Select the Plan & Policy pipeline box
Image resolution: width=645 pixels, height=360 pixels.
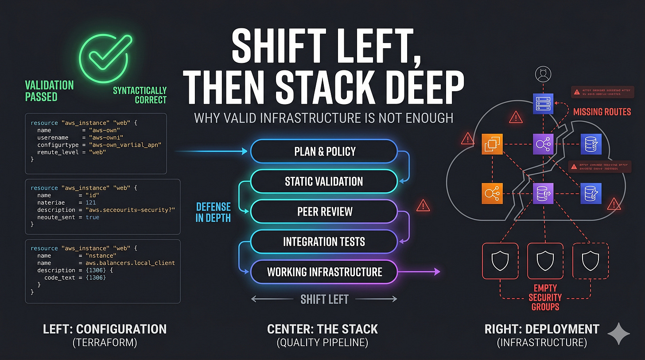point(324,151)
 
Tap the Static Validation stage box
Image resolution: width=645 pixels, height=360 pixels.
point(324,181)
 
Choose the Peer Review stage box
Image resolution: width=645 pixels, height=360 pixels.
point(324,211)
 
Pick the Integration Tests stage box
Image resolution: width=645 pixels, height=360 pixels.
point(324,241)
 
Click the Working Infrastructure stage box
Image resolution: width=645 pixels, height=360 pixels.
point(324,271)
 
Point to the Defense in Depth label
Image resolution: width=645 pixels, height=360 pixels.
point(214,213)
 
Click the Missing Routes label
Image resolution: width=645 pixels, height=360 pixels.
point(602,112)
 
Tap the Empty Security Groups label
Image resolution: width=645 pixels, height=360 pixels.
point(545,297)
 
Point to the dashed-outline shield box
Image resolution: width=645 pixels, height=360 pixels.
point(590,261)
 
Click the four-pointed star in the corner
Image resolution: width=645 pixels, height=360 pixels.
point(618,333)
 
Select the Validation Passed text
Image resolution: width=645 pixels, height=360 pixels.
point(49,91)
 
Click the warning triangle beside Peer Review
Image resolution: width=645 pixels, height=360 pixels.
point(424,205)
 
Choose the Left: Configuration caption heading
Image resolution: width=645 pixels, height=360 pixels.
point(105,329)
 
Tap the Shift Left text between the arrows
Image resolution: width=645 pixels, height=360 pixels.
point(324,299)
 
